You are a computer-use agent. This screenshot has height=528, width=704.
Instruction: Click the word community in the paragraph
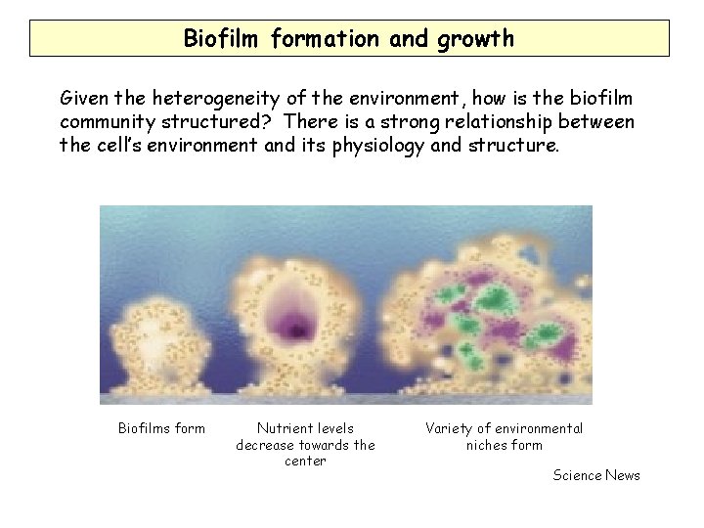coord(107,123)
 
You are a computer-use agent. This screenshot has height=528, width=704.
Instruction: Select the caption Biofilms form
coord(161,428)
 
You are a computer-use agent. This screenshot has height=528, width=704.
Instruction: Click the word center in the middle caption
coord(305,462)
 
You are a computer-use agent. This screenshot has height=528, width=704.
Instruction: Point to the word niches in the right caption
coord(486,445)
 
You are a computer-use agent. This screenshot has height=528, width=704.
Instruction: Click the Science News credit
coord(596,475)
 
